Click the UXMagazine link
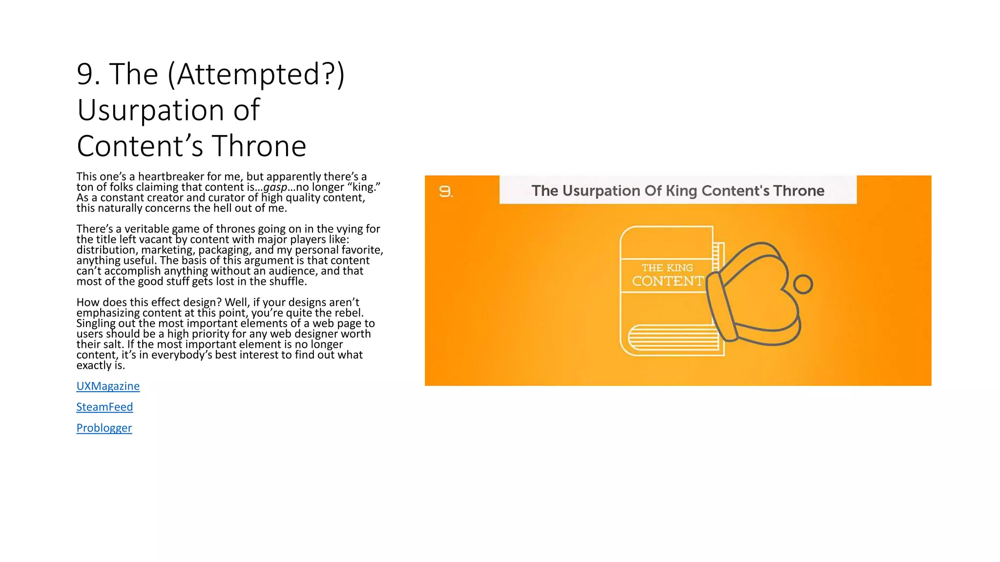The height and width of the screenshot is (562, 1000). coord(108,386)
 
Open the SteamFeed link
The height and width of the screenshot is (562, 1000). coord(104,407)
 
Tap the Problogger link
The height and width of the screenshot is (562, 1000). coord(104,428)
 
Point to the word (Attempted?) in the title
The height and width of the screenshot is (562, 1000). coord(256,75)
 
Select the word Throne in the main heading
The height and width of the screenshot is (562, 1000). coord(259,146)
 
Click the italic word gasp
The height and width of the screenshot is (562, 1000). coord(275,187)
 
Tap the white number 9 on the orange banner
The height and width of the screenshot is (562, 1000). coord(445,191)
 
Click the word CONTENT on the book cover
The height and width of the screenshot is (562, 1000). coord(667,281)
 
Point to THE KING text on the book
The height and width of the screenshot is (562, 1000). coord(667,268)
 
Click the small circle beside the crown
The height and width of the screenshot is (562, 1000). coord(803,284)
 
